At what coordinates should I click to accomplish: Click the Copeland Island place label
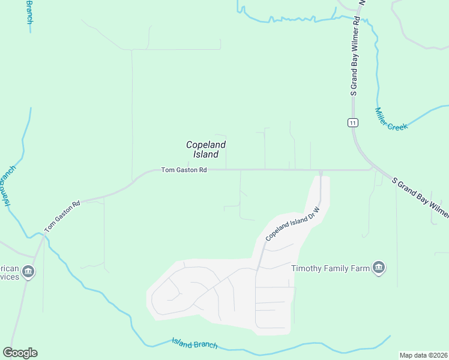pos(206,149)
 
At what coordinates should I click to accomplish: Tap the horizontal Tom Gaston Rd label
pos(184,170)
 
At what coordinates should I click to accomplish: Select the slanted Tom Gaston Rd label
pos(62,217)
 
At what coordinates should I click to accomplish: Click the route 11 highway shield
pos(353,123)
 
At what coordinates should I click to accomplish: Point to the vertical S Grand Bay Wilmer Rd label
pos(355,57)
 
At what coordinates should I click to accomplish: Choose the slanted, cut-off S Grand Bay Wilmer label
pos(420,197)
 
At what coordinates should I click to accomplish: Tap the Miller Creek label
pos(391,119)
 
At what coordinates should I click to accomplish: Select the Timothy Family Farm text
pos(330,268)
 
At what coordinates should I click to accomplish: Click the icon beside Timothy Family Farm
pos(378,268)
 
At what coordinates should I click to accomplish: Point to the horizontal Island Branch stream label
pos(194,344)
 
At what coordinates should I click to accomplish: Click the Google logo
pos(20,352)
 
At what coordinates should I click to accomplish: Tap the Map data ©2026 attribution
pos(423,355)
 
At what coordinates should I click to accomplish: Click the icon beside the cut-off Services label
pos(28,273)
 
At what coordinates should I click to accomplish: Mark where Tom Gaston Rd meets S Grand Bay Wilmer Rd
pos(371,170)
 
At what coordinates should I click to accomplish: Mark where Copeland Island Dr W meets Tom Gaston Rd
pos(321,171)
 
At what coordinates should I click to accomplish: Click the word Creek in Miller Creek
pos(397,125)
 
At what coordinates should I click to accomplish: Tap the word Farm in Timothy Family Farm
pos(358,268)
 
